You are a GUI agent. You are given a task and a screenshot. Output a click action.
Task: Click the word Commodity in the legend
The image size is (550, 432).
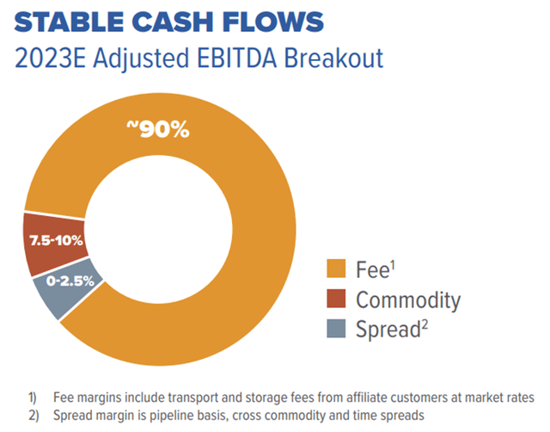point(408,300)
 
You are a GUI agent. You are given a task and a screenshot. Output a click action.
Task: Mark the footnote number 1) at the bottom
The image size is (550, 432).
point(32,397)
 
